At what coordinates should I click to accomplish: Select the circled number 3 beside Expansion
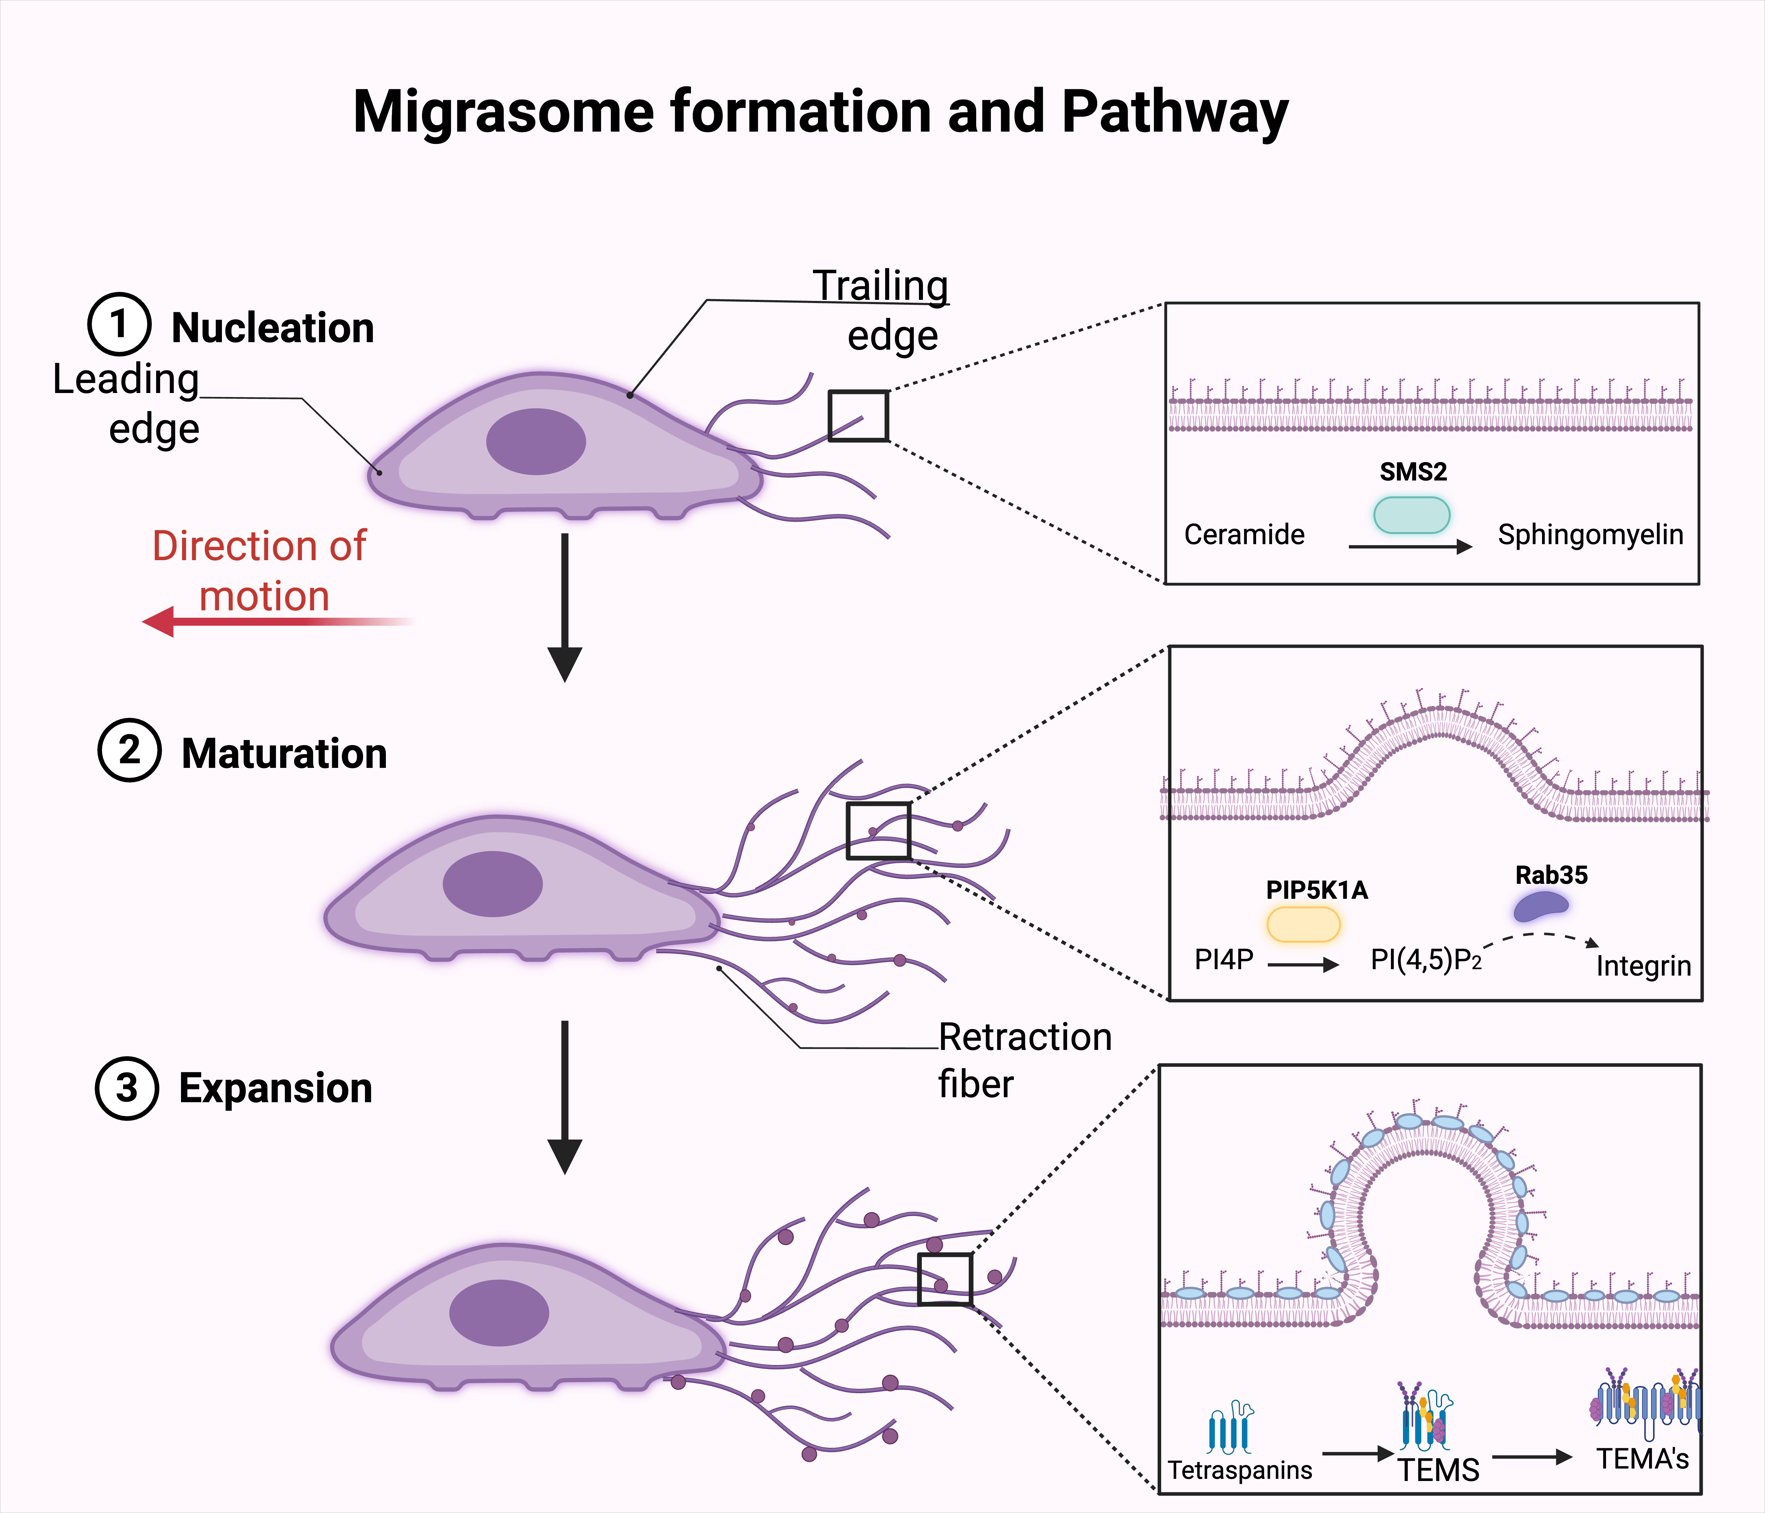coord(127,1088)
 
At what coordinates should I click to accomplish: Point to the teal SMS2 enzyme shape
coord(1412,515)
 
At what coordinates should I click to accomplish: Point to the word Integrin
coord(1643,966)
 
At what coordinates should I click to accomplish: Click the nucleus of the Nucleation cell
coord(536,441)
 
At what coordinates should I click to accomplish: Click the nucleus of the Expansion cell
coord(499,1313)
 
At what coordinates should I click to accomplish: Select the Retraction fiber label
coord(1025,1060)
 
